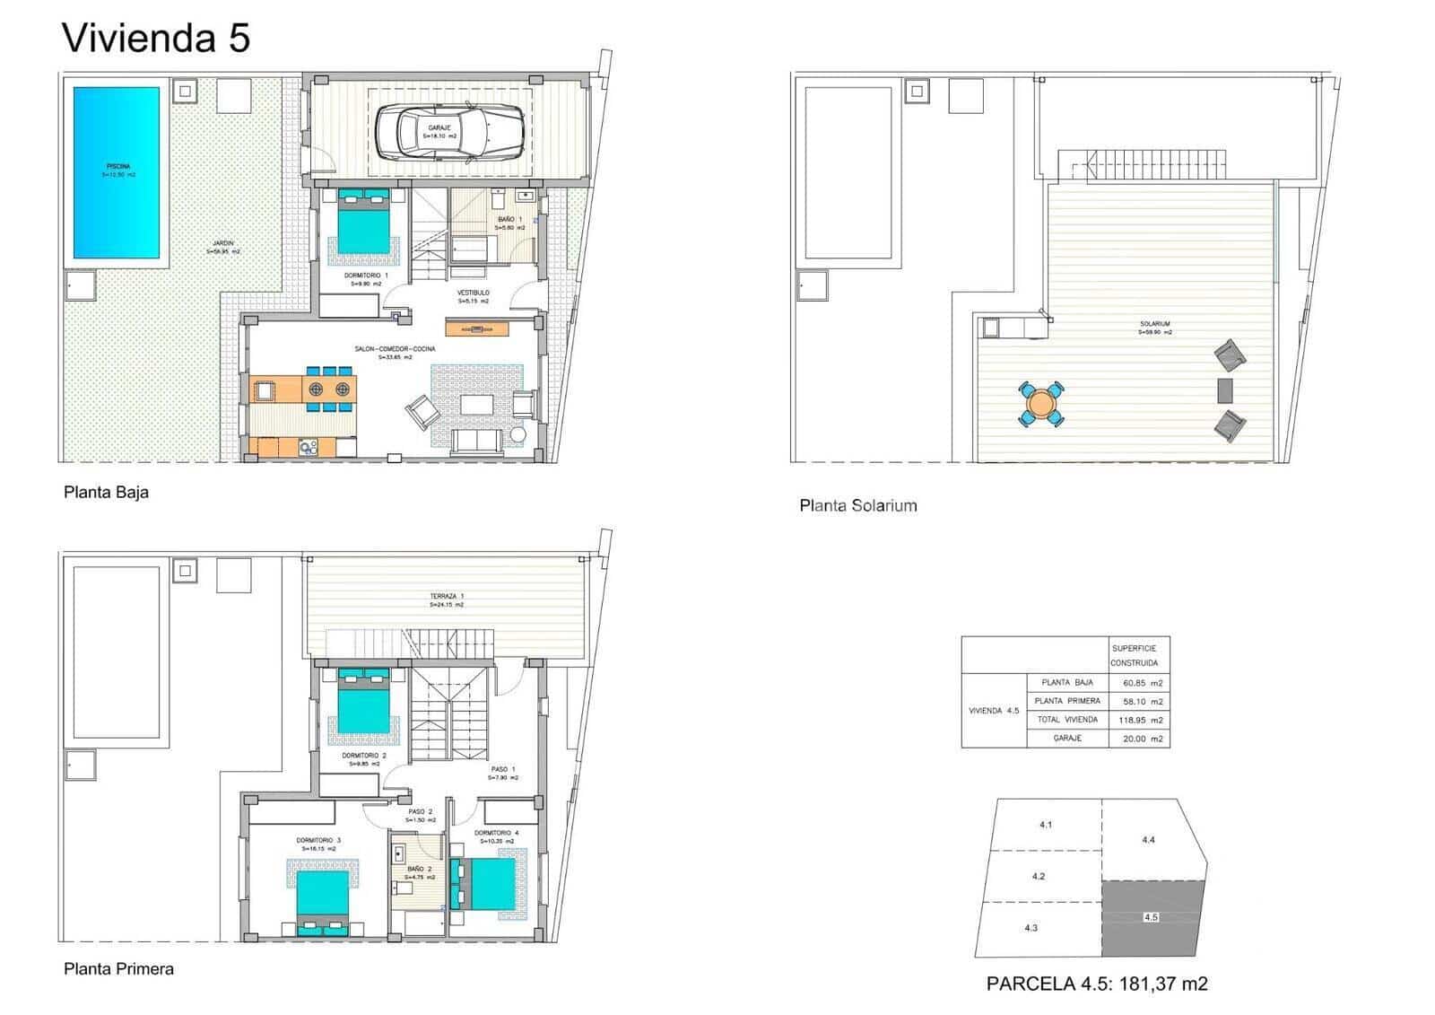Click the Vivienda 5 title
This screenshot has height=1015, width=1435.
tap(155, 39)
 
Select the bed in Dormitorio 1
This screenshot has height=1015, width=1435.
tap(364, 224)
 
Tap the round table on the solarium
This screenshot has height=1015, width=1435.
tap(1041, 404)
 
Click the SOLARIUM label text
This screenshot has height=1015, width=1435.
tap(1155, 324)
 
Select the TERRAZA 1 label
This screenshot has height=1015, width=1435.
tap(447, 596)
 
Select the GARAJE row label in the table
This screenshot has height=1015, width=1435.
tap(1067, 738)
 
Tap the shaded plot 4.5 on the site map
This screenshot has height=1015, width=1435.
tap(1151, 917)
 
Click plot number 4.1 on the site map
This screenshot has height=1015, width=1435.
tap(1045, 824)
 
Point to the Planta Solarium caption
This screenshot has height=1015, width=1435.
tap(857, 505)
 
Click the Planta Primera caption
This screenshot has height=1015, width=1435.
tap(118, 969)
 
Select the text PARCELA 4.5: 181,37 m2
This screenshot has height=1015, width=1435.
tap(1096, 984)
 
